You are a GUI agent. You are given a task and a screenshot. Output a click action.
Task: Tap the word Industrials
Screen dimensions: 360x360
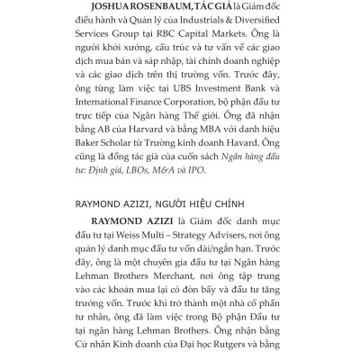click(211, 26)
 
